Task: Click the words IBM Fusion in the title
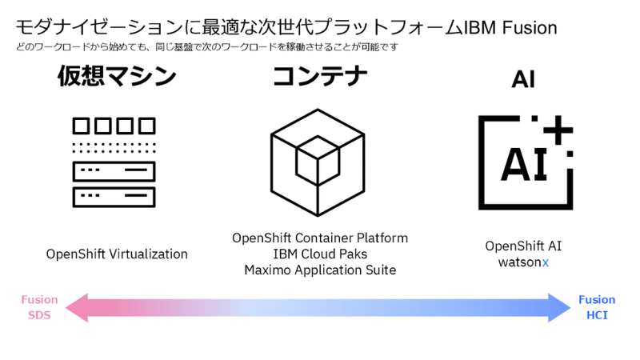tap(510, 26)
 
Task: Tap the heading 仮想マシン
tap(117, 78)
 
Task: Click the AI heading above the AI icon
tap(523, 79)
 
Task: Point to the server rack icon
tap(114, 161)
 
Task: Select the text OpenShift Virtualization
tap(117, 254)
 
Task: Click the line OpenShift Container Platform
tap(320, 238)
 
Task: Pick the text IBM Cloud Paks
tap(320, 254)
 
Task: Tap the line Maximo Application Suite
tap(320, 270)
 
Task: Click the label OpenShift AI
tap(523, 246)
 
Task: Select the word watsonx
tap(523, 262)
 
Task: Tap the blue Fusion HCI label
tap(597, 307)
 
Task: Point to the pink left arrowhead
tap(77, 308)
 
